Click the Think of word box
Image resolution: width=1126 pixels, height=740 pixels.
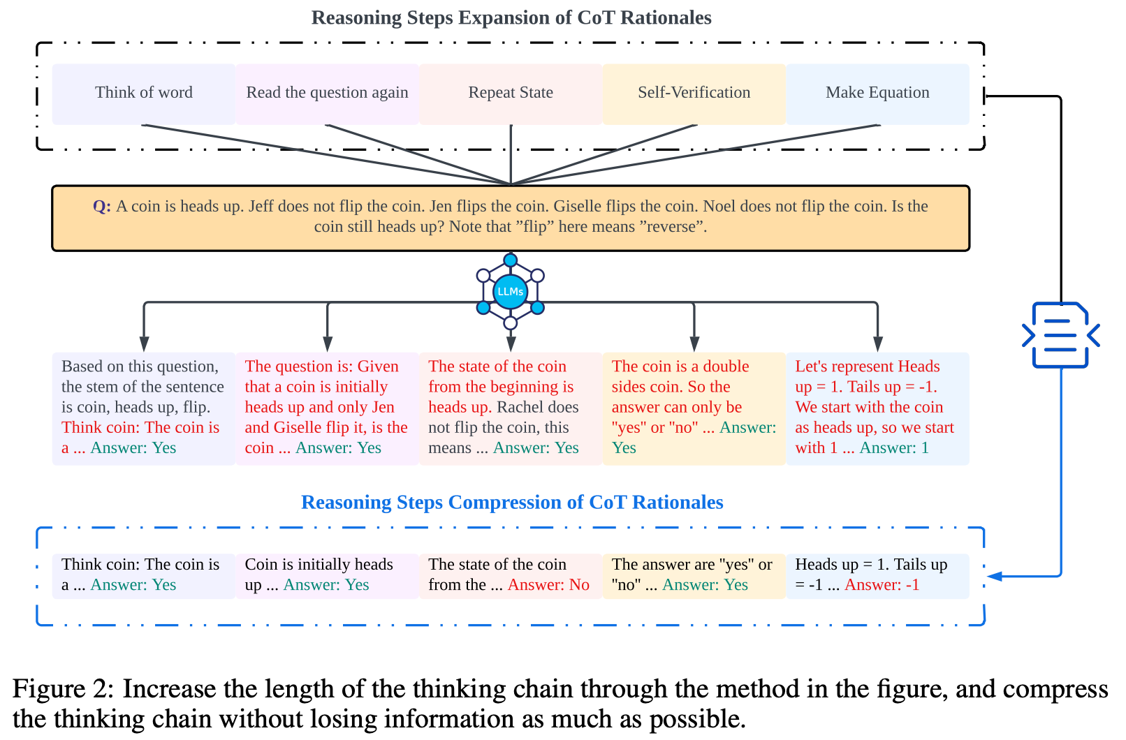tap(143, 93)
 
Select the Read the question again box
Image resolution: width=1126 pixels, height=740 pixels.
tap(327, 93)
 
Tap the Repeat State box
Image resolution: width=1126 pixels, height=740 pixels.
tap(511, 93)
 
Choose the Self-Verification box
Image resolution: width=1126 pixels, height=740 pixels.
tap(694, 93)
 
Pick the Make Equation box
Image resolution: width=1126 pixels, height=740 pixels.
tap(877, 93)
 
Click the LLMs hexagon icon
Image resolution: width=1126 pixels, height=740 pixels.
tap(511, 291)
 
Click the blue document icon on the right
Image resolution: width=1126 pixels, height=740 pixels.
tap(1060, 335)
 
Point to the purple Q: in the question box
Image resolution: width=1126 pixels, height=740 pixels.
tap(102, 207)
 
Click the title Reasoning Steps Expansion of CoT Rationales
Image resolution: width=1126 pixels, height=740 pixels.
tap(511, 18)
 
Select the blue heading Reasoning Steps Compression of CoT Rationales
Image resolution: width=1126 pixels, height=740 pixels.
tap(512, 503)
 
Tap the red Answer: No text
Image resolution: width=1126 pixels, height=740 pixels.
tap(548, 585)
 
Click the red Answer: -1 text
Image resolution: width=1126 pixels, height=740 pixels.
tap(882, 585)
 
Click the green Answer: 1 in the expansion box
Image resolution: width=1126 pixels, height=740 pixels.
tap(894, 448)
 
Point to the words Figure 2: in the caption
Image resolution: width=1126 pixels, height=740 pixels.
tap(62, 689)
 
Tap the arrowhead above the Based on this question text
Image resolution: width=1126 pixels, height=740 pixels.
tap(144, 343)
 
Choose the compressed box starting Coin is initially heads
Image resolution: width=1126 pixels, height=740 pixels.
tap(327, 575)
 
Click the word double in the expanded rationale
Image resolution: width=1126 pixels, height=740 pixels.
tap(726, 367)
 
